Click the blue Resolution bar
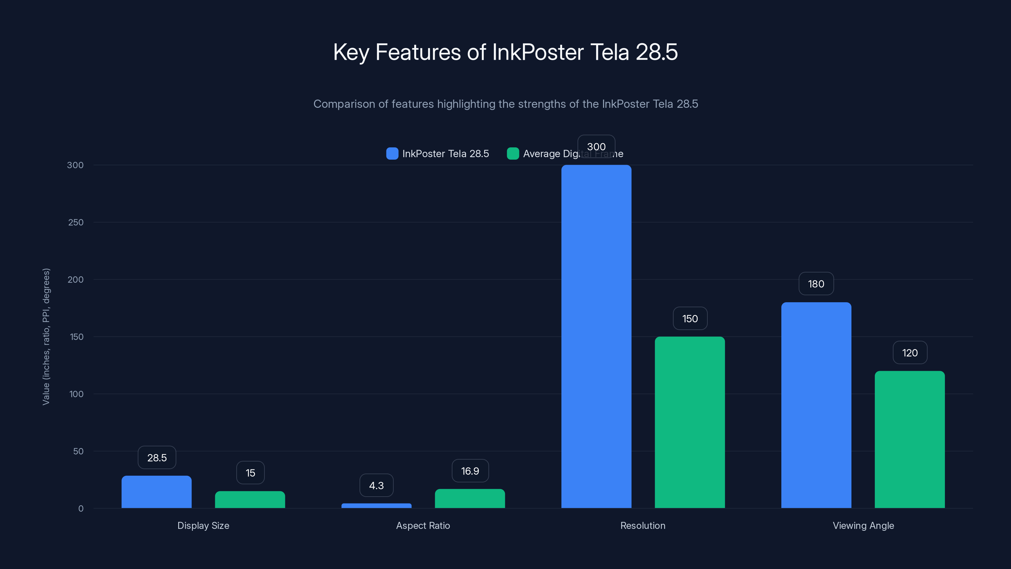[596, 337]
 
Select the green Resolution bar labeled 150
[690, 422]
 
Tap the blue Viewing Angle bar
[816, 405]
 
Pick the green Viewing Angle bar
[909, 439]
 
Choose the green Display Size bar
[250, 499]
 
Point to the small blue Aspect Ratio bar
[376, 506]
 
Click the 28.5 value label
[157, 458]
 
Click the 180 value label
[816, 284]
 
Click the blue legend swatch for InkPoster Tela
[392, 154]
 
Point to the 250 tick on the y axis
[76, 222]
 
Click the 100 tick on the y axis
[76, 394]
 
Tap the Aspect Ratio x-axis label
[423, 525]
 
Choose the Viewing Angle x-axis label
[863, 525]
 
